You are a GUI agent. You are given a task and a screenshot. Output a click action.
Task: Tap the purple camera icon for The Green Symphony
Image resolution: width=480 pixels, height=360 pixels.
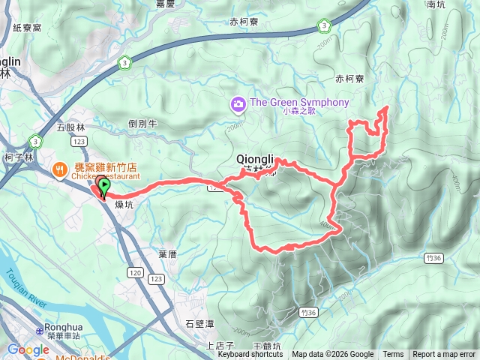[238, 103]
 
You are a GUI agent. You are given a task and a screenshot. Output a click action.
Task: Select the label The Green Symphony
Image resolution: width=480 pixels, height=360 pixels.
[299, 102]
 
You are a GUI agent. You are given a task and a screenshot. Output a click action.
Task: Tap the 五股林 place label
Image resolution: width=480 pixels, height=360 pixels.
[71, 127]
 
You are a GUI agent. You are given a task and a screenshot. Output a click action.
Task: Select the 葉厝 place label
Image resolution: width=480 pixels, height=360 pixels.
[167, 254]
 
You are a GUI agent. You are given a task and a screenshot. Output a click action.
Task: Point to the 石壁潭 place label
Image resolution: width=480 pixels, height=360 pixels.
[199, 324]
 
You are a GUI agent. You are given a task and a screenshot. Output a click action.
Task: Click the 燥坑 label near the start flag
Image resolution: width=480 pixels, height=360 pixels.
[124, 203]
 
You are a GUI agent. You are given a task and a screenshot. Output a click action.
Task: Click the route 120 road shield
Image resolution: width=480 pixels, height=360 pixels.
[135, 271]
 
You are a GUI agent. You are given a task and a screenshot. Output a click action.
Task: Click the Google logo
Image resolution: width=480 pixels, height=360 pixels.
[28, 349]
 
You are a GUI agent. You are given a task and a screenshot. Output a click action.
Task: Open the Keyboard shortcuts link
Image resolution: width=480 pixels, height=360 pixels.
[250, 355]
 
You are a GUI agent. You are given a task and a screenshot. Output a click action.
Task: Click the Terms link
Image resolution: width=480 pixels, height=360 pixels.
[393, 355]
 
